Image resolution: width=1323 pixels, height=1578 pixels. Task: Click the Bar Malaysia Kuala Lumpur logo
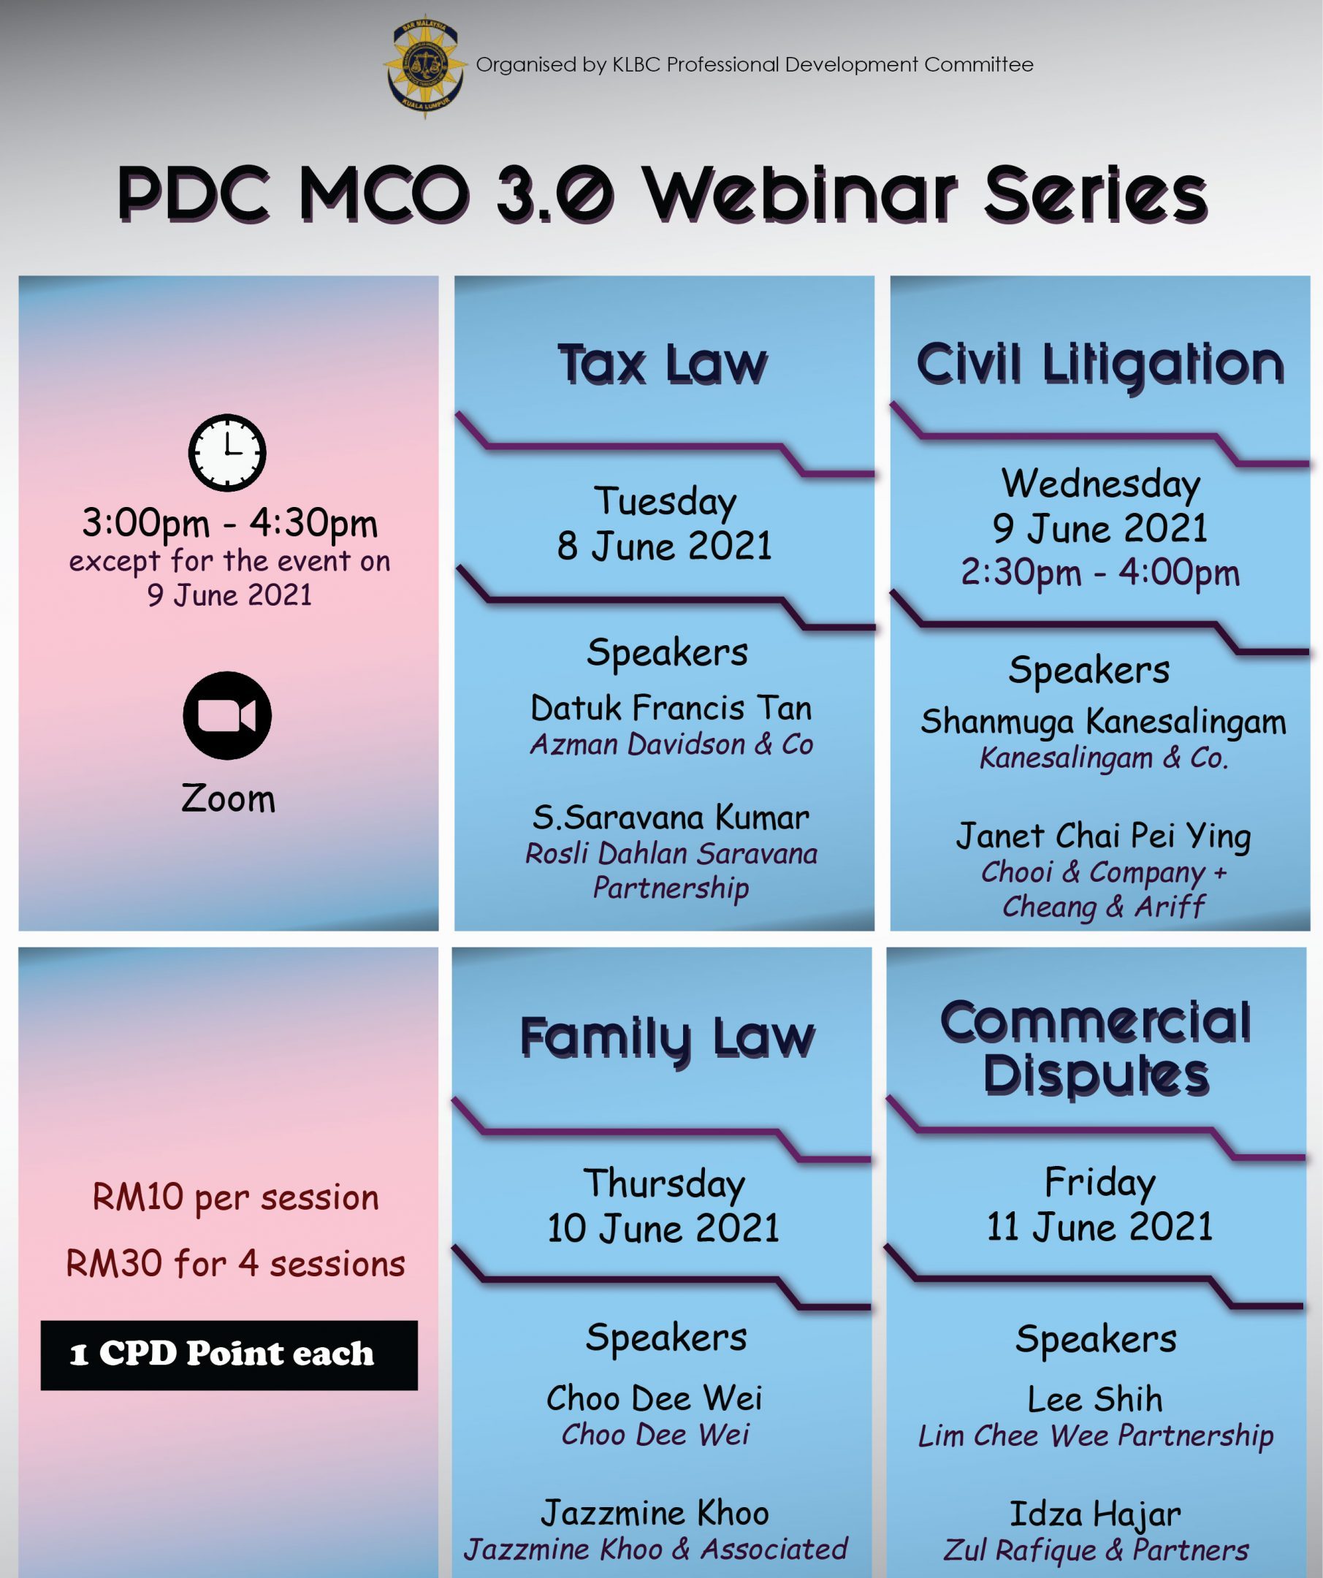click(x=424, y=65)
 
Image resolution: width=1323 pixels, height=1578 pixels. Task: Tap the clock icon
click(x=227, y=452)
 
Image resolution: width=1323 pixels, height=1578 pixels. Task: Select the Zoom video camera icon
click(x=227, y=715)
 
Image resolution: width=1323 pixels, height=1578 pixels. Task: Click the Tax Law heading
click(x=663, y=365)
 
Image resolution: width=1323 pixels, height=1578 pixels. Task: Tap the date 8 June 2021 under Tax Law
click(x=664, y=546)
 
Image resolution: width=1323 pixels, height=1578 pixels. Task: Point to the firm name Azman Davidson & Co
click(x=671, y=744)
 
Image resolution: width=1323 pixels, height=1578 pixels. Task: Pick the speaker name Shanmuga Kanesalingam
click(x=1103, y=722)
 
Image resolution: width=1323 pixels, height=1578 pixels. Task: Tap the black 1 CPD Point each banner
click(x=229, y=1355)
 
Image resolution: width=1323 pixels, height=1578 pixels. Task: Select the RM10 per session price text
click(x=235, y=1198)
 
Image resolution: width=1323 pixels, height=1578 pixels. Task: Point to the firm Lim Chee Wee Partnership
click(x=1095, y=1436)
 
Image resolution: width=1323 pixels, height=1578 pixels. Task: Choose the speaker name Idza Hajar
click(x=1095, y=1515)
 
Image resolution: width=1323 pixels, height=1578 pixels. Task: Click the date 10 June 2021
click(x=663, y=1229)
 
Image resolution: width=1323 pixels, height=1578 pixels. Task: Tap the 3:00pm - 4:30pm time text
click(x=229, y=523)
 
